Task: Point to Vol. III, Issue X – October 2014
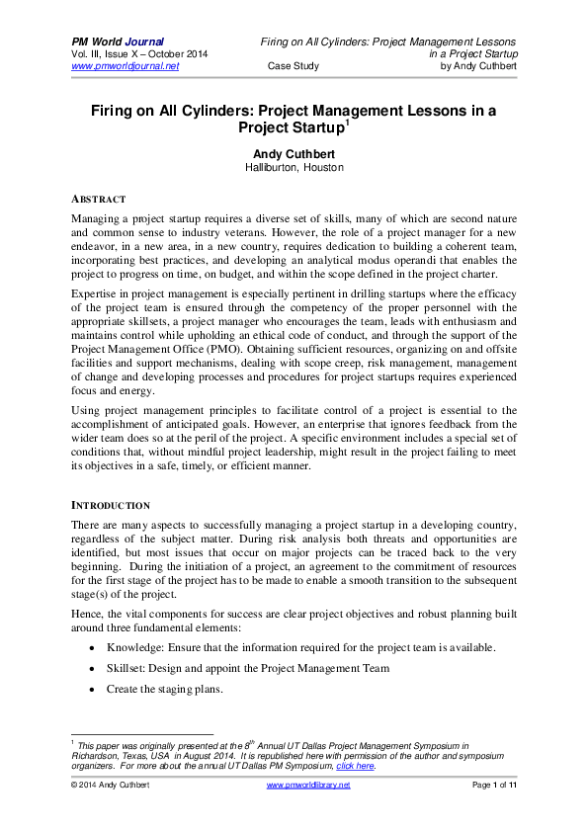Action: [141, 53]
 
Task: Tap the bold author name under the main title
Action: [294, 153]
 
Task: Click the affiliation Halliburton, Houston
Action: [294, 168]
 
